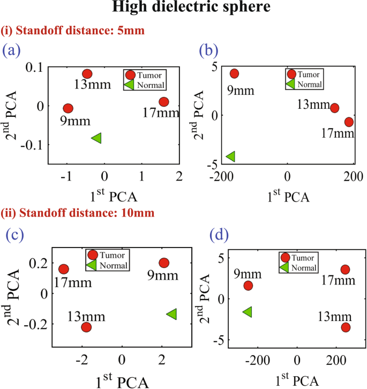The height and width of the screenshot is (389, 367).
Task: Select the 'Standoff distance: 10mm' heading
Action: pos(79,213)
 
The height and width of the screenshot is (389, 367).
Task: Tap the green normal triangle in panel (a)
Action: pos(96,138)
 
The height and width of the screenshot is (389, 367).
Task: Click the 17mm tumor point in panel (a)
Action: pos(164,102)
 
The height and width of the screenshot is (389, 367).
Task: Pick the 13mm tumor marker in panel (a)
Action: pos(87,74)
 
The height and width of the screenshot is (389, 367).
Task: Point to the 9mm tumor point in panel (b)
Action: pos(234,73)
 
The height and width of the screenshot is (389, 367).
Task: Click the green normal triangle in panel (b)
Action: pos(231,156)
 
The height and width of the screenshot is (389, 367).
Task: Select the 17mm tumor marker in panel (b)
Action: pos(349,122)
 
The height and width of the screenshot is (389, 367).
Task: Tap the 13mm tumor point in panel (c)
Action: pos(86,327)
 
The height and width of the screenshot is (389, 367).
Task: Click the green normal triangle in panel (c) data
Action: pos(171,314)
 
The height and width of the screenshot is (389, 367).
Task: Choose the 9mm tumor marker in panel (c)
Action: pos(164,263)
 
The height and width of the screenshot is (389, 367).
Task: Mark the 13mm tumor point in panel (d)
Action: pos(346,327)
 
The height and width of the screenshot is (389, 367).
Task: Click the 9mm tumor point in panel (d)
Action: pos(248,286)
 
